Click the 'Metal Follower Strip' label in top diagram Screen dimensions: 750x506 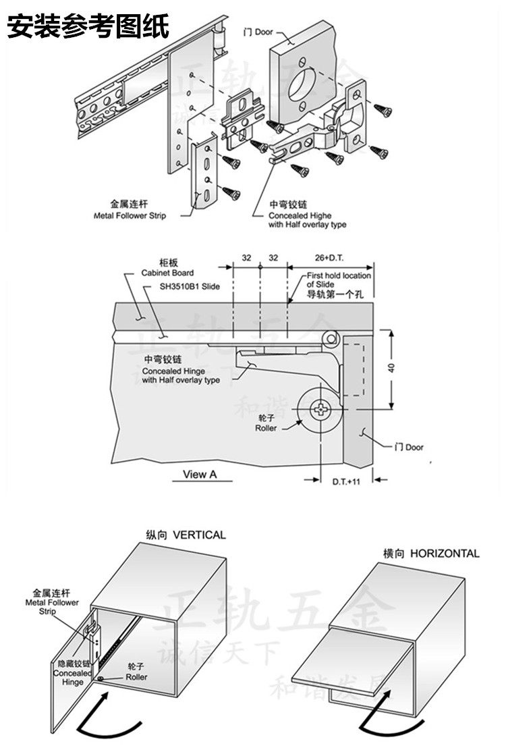pos(129,216)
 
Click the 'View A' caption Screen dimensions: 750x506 pos(200,474)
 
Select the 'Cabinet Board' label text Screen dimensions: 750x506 pos(167,273)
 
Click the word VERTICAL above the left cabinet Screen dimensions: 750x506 pos(199,535)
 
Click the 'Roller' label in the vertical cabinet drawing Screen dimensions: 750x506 pos(136,676)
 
